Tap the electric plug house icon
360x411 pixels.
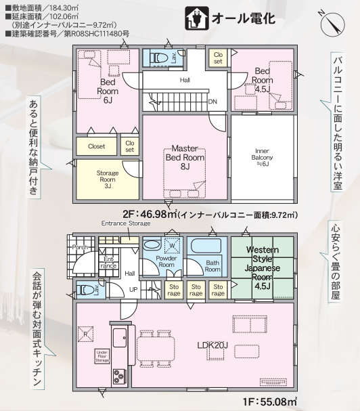tap(196, 18)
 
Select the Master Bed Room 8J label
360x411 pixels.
tap(185, 157)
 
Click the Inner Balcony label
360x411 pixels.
tap(262, 157)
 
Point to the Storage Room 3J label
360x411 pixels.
tap(108, 179)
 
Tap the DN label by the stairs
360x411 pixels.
tap(212, 102)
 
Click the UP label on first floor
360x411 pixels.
tap(133, 290)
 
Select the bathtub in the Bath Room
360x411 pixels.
tap(206, 246)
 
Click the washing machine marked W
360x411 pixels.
tap(172, 245)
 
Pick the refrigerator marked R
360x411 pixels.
tap(85, 334)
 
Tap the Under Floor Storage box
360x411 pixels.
tap(102, 356)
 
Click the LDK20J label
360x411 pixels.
tap(212, 345)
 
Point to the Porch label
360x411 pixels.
tap(80, 247)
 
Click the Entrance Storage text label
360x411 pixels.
tap(126, 223)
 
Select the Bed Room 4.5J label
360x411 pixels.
tap(263, 80)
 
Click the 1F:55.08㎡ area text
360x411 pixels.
tap(270, 402)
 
